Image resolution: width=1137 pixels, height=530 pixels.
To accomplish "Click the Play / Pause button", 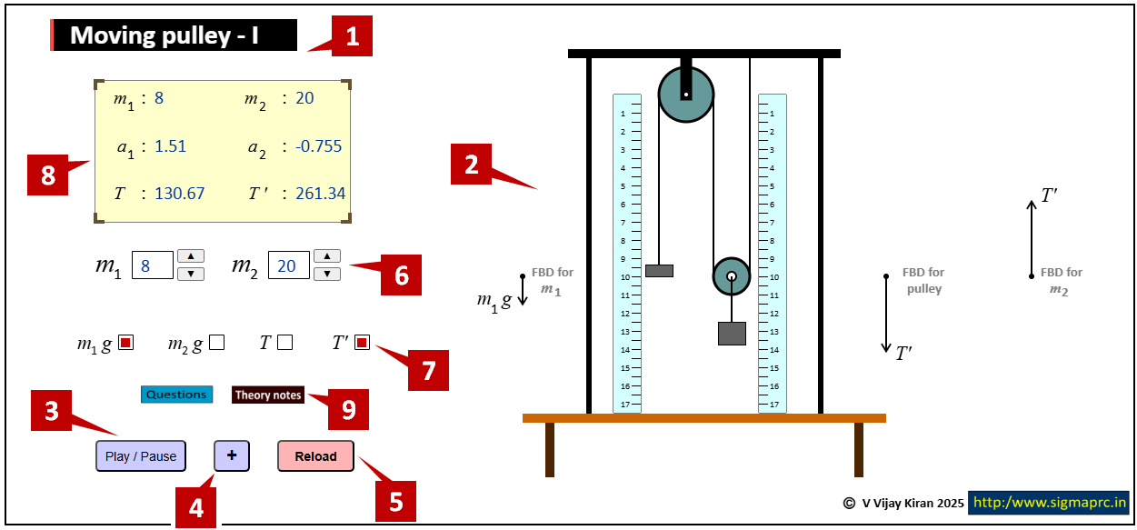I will [x=141, y=456].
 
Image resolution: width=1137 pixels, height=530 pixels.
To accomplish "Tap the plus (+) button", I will [x=232, y=455].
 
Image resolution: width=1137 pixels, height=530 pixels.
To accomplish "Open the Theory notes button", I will [x=268, y=395].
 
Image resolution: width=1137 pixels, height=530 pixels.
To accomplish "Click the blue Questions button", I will [x=176, y=395].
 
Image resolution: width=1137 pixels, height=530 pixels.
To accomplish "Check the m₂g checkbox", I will [x=216, y=343].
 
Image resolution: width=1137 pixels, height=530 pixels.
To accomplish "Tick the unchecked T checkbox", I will [x=285, y=343].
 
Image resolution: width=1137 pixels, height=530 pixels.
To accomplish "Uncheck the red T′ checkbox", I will [x=362, y=343].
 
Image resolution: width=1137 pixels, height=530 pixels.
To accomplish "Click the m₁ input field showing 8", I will [x=152, y=265].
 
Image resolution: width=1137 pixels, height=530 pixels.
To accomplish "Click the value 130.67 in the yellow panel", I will [x=179, y=194].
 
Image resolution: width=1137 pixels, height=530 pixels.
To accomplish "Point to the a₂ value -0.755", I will [x=318, y=146].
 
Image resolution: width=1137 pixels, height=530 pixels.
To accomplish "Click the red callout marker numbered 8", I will [x=48, y=175].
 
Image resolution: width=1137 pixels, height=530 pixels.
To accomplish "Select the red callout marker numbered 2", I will [x=472, y=165].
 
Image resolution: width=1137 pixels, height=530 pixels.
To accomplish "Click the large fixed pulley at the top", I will [x=686, y=94].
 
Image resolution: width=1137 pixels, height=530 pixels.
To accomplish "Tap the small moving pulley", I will [x=731, y=276].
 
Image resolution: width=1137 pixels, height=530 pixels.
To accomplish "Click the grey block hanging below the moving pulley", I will [x=732, y=334].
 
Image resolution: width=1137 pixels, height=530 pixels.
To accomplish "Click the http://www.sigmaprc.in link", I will [x=1049, y=502].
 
